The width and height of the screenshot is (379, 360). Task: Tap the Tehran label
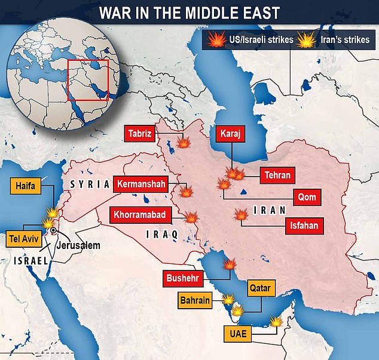pos(276,175)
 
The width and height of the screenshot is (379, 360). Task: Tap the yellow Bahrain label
pos(194,300)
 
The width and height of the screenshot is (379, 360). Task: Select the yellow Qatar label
pos(260,289)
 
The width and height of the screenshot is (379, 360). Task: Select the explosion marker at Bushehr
pos(229,265)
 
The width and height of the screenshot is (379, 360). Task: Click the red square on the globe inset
pos(88,80)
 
